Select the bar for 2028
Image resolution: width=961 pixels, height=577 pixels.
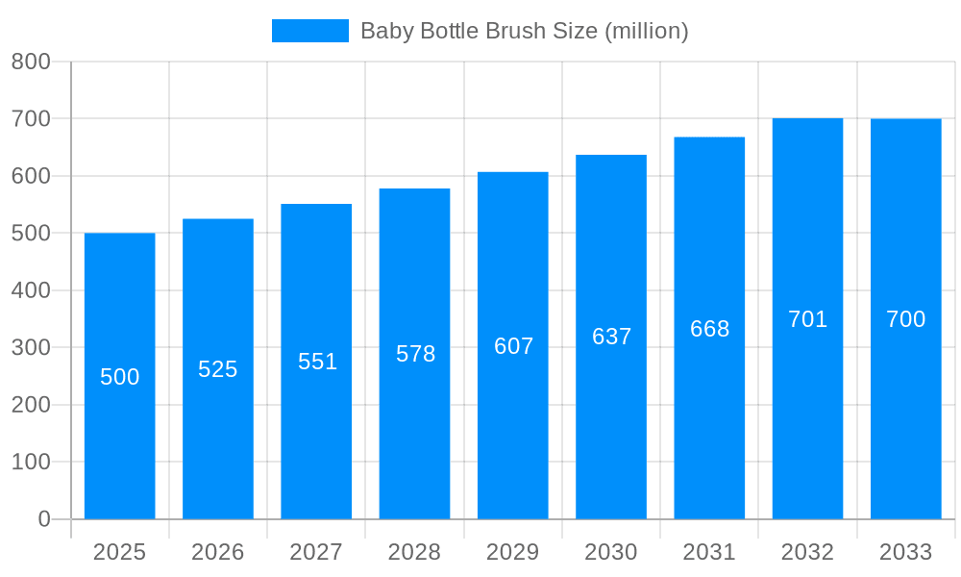(x=414, y=433)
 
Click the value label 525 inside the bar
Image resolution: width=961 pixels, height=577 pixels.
(x=218, y=369)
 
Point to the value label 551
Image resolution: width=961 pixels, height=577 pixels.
(x=317, y=362)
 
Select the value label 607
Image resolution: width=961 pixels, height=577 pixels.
(x=513, y=346)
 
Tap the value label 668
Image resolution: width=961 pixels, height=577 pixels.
(x=709, y=329)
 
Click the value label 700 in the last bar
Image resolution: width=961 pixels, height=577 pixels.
(x=905, y=319)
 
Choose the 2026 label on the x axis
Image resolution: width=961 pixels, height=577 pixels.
(x=218, y=552)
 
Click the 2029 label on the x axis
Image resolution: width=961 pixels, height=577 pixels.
(x=512, y=552)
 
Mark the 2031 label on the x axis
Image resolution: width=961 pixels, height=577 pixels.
(x=709, y=552)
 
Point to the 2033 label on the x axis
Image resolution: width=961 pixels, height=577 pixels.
(x=905, y=552)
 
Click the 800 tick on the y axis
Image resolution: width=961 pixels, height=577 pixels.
(x=31, y=62)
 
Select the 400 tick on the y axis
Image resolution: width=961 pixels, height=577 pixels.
(x=31, y=290)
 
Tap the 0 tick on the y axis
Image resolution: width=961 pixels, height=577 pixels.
(x=44, y=519)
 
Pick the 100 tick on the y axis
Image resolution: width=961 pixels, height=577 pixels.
(x=31, y=462)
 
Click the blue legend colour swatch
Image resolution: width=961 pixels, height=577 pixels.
(x=309, y=31)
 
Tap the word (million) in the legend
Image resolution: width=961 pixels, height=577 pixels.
(x=646, y=31)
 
